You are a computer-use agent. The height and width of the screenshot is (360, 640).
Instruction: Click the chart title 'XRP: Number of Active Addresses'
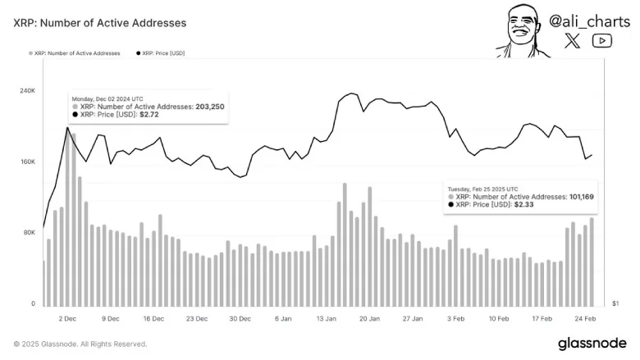[x=100, y=23]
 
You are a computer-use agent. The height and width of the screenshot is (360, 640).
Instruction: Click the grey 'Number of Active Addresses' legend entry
[x=75, y=52]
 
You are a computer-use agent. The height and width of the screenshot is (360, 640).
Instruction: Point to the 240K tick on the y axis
[x=27, y=91]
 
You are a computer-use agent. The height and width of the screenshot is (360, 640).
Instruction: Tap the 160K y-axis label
[x=27, y=162]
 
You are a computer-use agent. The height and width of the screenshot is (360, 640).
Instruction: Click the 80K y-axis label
[x=29, y=233]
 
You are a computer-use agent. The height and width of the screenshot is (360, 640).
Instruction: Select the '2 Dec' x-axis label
[x=67, y=318]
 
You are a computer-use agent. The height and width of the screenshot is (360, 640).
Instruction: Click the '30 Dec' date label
[x=239, y=318]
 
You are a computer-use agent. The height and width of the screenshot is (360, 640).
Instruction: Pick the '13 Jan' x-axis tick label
[x=327, y=318]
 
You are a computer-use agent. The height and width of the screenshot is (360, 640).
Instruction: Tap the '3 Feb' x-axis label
[x=456, y=318]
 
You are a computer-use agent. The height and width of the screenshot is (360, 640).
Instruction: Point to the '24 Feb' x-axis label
[x=584, y=318]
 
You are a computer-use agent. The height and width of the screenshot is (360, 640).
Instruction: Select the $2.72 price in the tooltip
[x=150, y=116]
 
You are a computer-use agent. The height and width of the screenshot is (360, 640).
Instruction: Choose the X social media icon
[x=573, y=40]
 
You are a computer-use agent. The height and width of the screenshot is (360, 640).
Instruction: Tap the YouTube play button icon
[x=601, y=40]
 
